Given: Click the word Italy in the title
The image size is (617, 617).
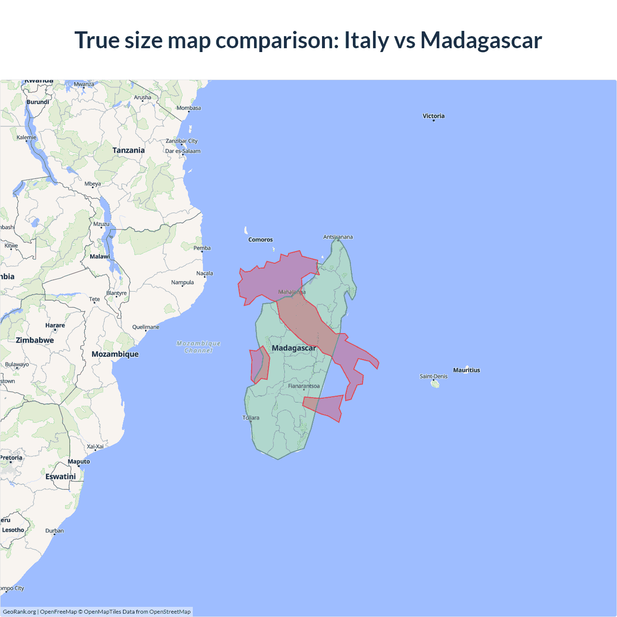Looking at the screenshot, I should coord(366,40).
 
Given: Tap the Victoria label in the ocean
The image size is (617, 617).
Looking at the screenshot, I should coord(433,116).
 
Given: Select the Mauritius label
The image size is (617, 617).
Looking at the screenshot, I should coord(466,370).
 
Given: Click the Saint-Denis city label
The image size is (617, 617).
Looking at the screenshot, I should coord(433,376).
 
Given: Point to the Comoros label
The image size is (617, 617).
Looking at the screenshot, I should coord(260,240).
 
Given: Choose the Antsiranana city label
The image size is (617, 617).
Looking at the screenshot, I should coord(338,237).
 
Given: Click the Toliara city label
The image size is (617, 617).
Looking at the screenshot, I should coord(251,418).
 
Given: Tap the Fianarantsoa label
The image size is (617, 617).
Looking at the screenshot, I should coord(304,386).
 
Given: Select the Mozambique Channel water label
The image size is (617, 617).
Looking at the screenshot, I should coord(199,347).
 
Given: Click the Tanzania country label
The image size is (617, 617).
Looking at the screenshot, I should coord(128,150).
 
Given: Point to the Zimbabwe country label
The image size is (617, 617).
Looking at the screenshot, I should coord(35,340).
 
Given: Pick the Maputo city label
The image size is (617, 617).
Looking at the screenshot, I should coord(79,462).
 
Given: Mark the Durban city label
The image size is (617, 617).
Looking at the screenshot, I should coord(54,531).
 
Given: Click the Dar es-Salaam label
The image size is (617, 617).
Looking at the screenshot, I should coord(183,151).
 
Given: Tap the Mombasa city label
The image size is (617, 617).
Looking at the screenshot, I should coord(188,108).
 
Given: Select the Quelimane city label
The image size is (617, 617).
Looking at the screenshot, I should coord(146,327).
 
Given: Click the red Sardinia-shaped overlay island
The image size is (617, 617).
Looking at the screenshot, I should coord(260,365).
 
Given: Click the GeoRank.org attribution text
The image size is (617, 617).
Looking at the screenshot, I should coord(19,612).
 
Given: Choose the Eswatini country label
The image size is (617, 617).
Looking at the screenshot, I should coord(60,477).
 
